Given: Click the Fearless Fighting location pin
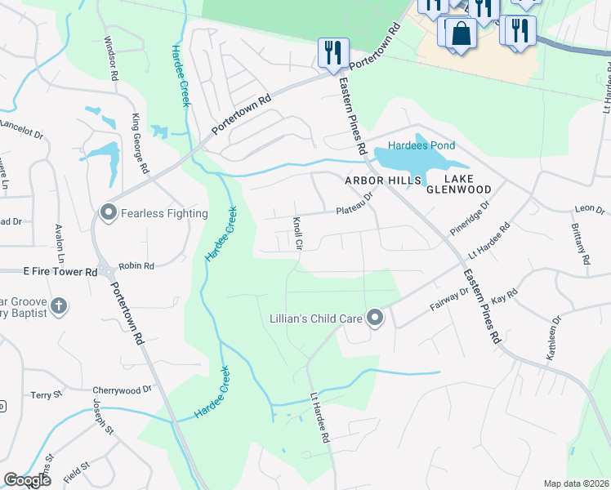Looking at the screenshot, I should [108, 213].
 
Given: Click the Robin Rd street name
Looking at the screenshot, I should [136, 265].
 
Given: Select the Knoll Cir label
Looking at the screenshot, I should [298, 233].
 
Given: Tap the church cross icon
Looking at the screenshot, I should [58, 306].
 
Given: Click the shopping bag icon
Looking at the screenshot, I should [461, 34].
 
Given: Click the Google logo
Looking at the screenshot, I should [27, 480].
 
